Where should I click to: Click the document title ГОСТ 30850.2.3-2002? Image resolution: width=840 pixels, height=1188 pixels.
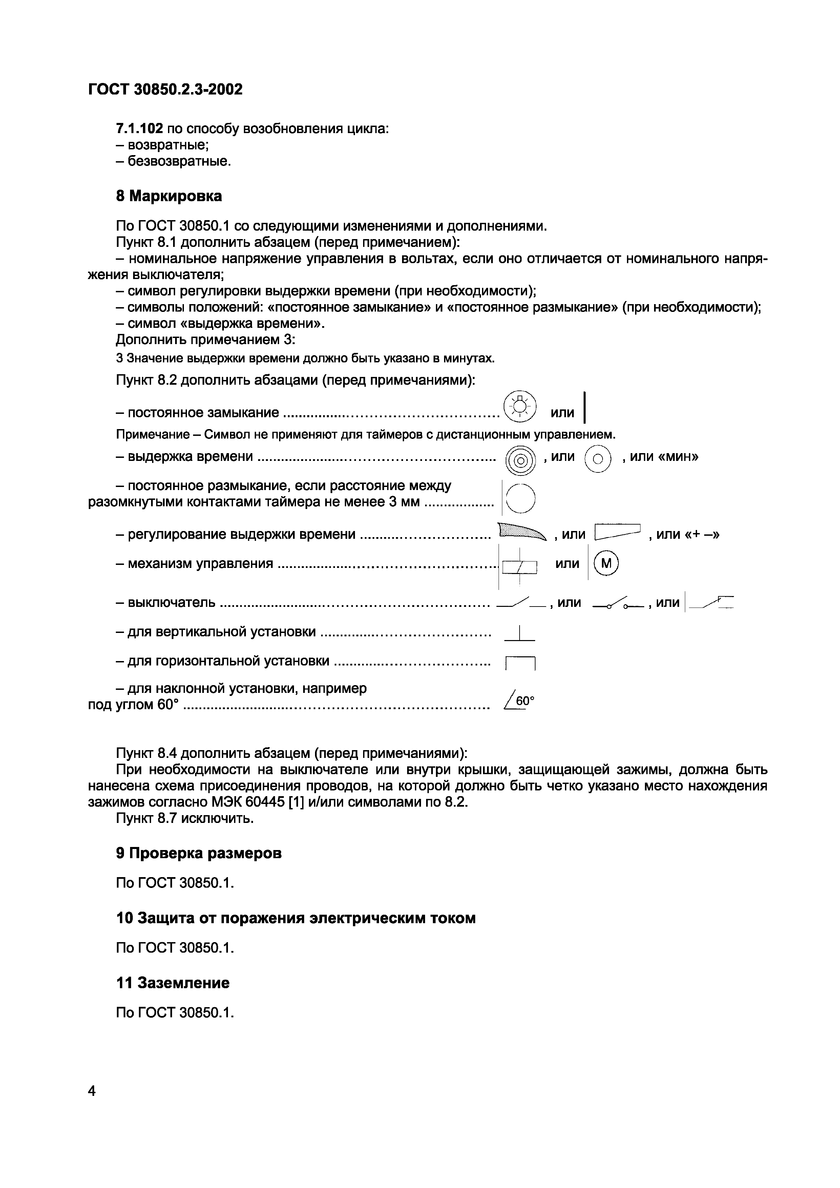[165, 89]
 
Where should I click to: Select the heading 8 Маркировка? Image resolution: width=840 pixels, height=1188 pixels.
[169, 196]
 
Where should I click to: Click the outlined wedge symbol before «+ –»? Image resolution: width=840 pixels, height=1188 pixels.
[618, 531]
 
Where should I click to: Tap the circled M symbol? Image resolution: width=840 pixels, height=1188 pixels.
[607, 564]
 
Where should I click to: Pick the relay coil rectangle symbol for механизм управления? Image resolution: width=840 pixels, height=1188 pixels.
[520, 568]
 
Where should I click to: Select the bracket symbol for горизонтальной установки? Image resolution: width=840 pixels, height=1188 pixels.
[520, 663]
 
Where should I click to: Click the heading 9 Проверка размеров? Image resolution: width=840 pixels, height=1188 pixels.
[199, 853]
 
